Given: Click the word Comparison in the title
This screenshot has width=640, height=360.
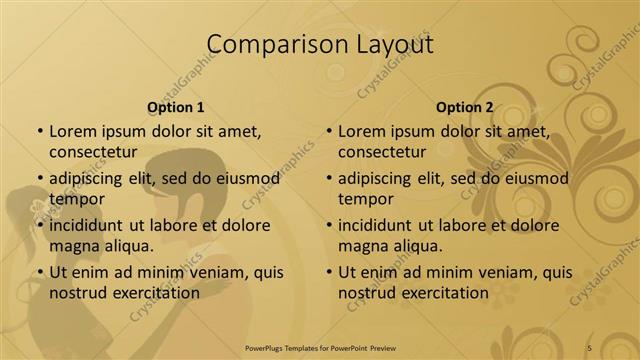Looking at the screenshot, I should pyautogui.click(x=268, y=44).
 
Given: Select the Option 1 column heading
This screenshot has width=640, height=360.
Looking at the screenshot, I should pyautogui.click(x=176, y=107).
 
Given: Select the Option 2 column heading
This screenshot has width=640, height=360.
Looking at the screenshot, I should pyautogui.click(x=465, y=107).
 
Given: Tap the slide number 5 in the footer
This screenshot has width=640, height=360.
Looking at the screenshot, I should pyautogui.click(x=589, y=347).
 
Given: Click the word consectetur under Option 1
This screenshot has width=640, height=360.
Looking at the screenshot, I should pyautogui.click(x=92, y=152).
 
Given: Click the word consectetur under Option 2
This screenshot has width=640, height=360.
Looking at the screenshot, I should pyautogui.click(x=382, y=152).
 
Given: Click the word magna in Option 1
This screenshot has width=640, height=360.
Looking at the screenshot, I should pyautogui.click(x=72, y=245).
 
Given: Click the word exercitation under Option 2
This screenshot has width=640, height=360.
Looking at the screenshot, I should pyautogui.click(x=442, y=293).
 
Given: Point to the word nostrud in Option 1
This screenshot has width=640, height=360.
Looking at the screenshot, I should pyautogui.click(x=76, y=293).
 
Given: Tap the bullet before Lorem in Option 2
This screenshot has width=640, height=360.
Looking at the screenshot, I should pyautogui.click(x=329, y=132).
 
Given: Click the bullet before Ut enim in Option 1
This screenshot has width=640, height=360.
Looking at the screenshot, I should pyautogui.click(x=40, y=272).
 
